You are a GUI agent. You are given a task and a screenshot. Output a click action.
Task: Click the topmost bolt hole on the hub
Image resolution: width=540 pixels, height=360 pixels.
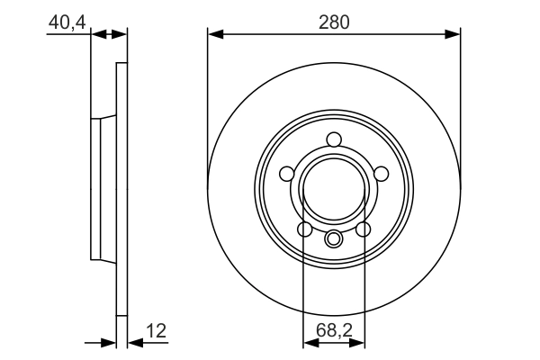click(x=334, y=139)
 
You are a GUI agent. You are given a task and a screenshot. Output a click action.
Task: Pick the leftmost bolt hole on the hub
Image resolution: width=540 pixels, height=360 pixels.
click(x=287, y=174)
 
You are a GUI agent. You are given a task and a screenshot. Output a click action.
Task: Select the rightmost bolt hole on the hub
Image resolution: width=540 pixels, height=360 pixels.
click(x=381, y=174)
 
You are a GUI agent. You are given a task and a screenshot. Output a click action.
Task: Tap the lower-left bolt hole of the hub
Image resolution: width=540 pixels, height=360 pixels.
click(x=304, y=229)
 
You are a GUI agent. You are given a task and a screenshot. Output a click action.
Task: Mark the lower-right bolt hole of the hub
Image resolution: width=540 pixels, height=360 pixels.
click(x=364, y=229)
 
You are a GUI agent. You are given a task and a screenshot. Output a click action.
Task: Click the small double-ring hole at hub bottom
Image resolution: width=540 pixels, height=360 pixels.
click(x=334, y=238)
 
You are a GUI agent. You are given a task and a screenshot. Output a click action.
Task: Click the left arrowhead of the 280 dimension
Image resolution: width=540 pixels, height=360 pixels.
click(x=214, y=34)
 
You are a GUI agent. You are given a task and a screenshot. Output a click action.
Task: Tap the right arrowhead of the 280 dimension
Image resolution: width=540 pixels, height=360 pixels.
click(x=454, y=34)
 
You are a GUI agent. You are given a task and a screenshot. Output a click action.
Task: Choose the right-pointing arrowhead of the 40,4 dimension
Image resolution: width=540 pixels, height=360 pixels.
click(x=121, y=34)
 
